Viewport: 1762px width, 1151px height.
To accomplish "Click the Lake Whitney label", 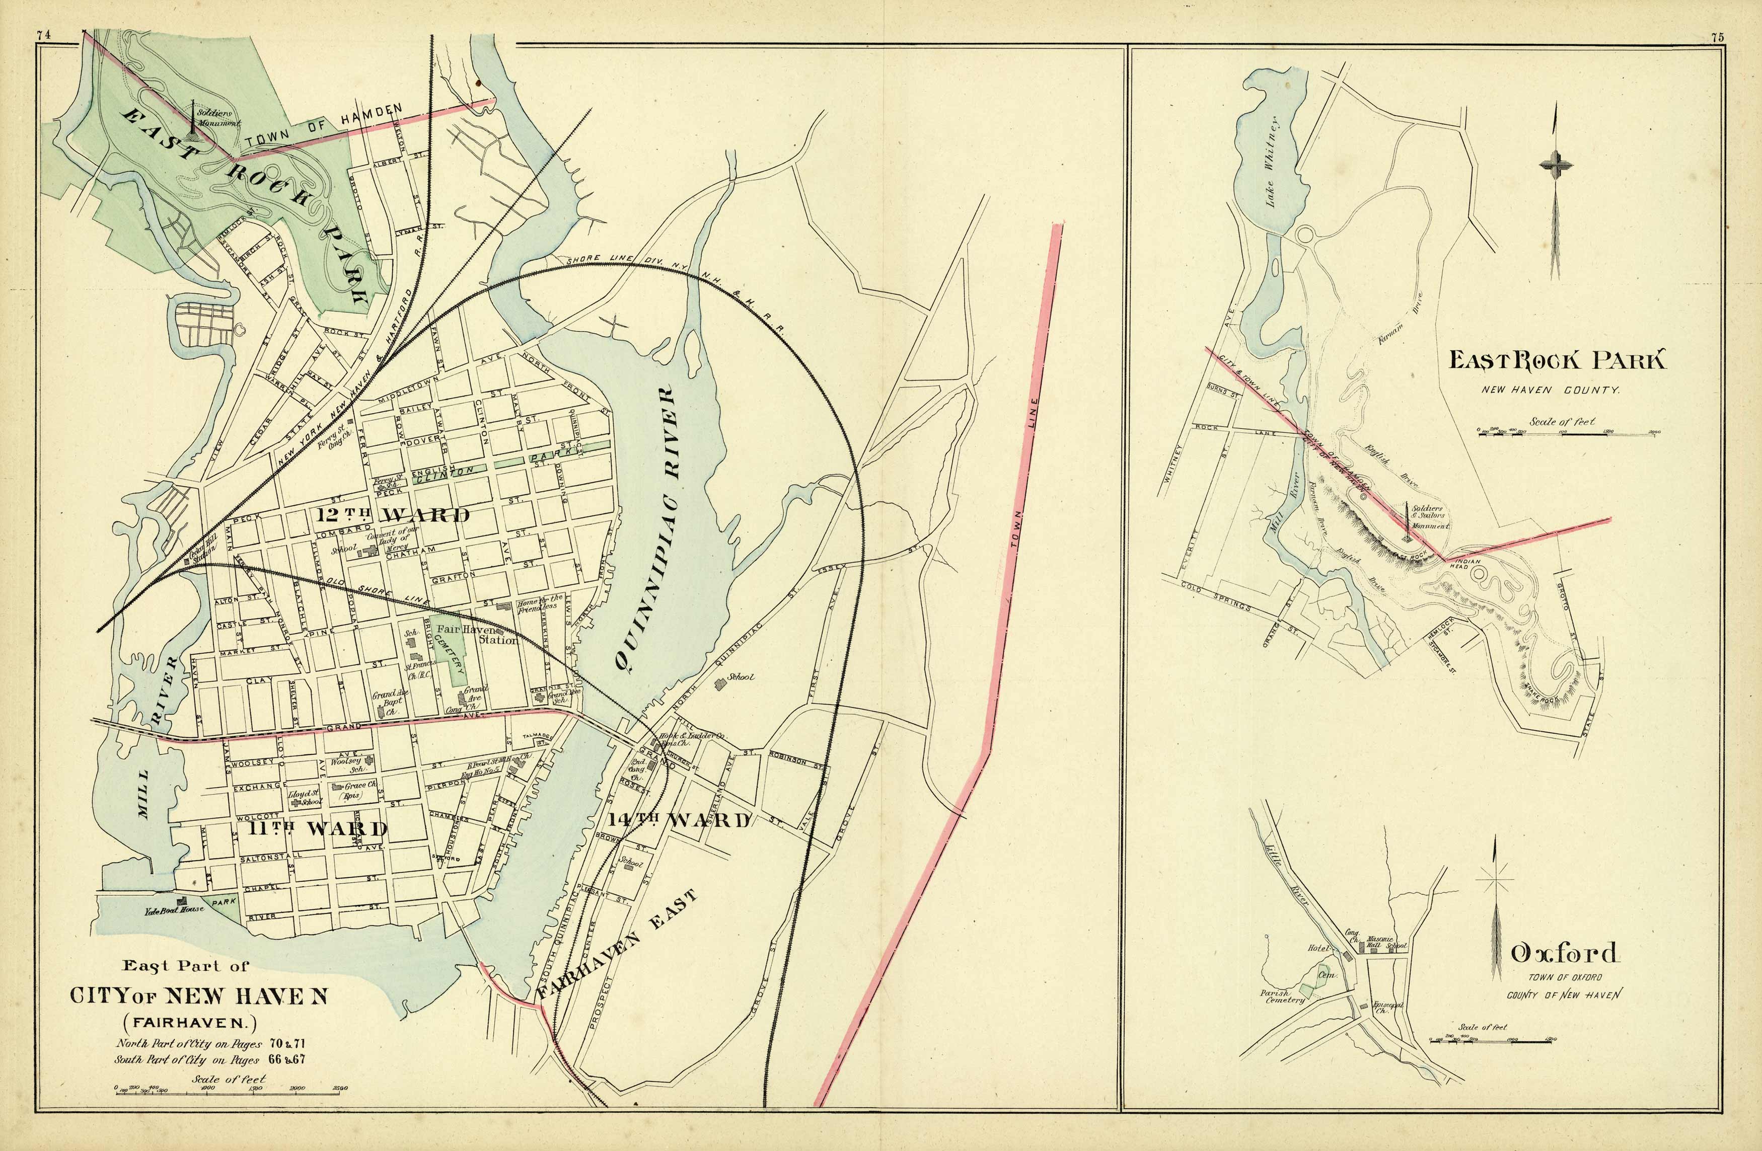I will tap(1271, 162).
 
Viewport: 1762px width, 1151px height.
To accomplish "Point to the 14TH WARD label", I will tap(679, 819).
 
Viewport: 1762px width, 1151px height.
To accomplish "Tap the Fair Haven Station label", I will tap(478, 634).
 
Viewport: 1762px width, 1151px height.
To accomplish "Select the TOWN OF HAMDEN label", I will tap(324, 126).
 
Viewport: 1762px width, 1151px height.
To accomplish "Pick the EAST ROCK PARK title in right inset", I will tap(1556, 361).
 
